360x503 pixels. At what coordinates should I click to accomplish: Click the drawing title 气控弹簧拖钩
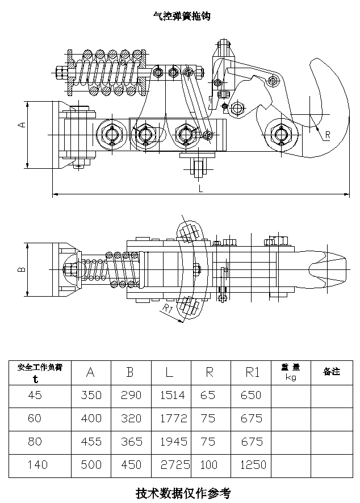coord(182,17)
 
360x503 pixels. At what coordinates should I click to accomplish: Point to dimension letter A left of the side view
coord(22,124)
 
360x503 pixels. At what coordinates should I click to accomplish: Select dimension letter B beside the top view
coord(22,270)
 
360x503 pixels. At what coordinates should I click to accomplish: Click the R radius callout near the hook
coord(328,135)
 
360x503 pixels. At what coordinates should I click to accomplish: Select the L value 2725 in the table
coord(174,465)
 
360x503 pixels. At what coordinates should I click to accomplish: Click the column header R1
coord(252,372)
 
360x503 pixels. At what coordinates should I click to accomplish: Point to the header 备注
coord(331,372)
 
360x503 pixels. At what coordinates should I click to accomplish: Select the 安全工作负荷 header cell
coord(40,372)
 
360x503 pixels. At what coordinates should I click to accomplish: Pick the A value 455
coord(91,442)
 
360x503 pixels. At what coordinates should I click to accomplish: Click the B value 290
coord(131,395)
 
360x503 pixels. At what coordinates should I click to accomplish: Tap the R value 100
coord(209,465)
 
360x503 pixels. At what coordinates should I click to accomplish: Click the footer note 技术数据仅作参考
coord(183,493)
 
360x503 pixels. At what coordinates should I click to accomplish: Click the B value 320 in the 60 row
coord(131,418)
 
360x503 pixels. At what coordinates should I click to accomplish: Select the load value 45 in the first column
coord(35,395)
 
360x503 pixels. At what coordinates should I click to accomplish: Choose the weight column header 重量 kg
coord(291,372)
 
